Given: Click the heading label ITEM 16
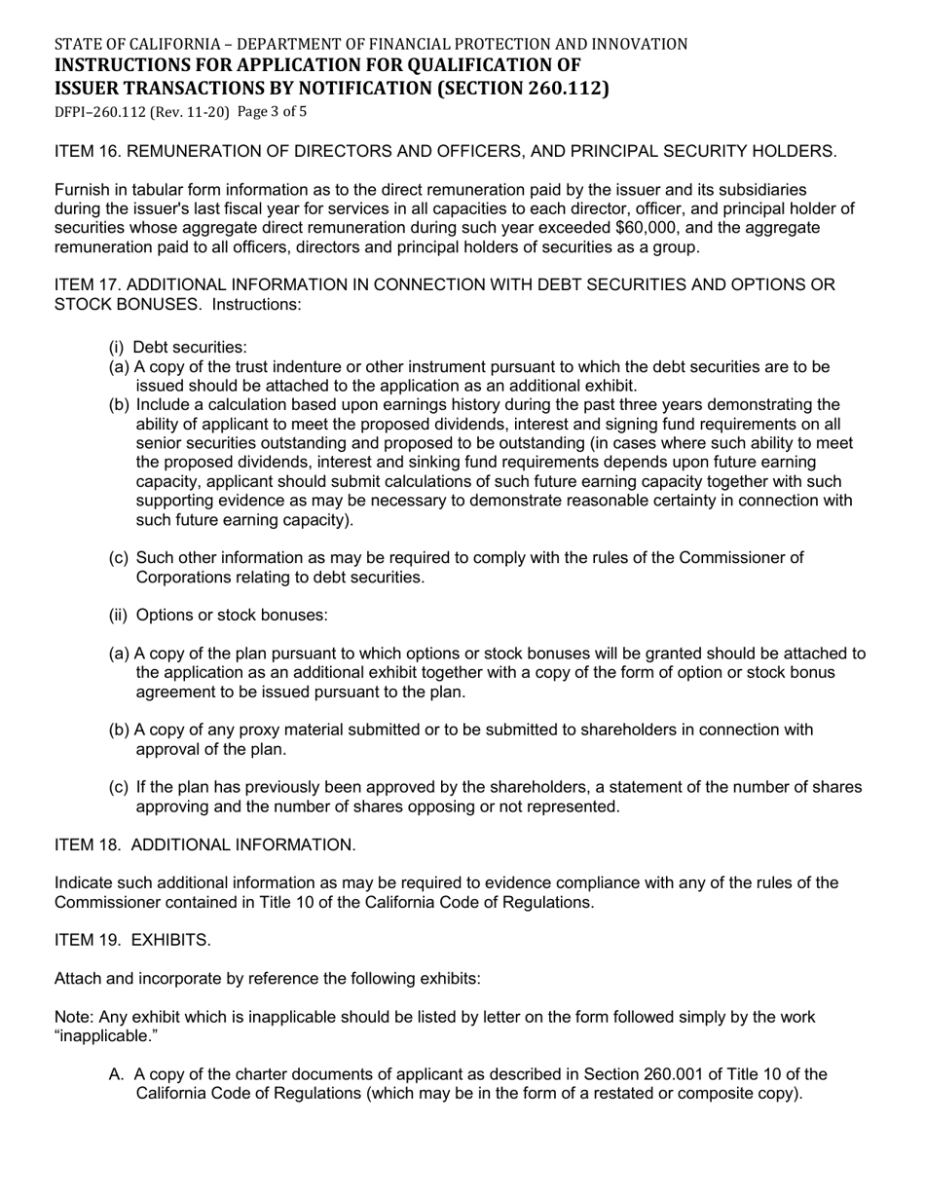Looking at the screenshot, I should [x=88, y=151].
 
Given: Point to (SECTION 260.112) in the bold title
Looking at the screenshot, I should [x=522, y=89].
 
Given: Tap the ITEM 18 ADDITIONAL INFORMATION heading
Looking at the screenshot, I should [x=204, y=845].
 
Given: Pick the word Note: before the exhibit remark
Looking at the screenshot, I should [x=74, y=1017].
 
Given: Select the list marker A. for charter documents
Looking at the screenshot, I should [x=117, y=1074].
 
